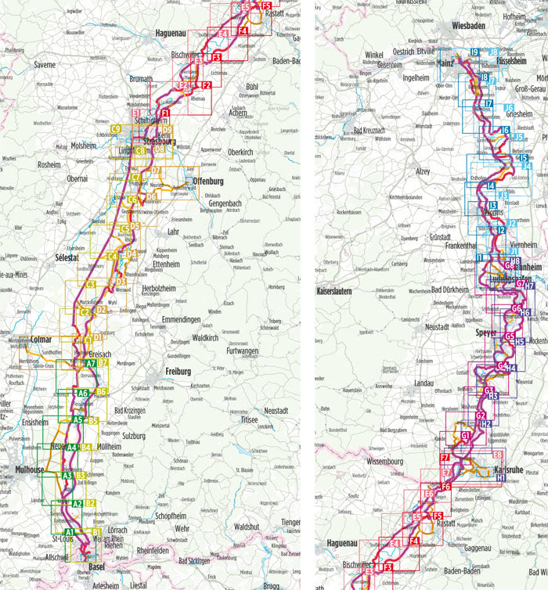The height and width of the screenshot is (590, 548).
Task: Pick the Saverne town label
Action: click(x=45, y=65)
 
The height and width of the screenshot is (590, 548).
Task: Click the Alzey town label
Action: click(x=424, y=171)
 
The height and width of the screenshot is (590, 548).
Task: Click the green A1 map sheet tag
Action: click(x=70, y=533)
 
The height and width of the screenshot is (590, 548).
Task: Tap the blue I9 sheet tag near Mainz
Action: click(x=474, y=52)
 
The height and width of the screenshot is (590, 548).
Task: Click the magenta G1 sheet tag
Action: click(x=466, y=436)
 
